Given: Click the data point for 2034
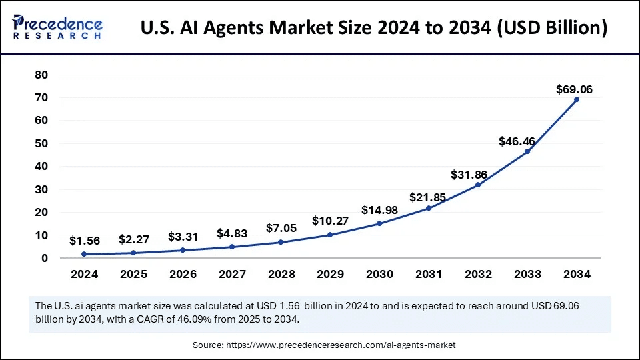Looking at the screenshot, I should click(x=577, y=99).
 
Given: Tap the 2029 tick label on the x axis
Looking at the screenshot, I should click(x=330, y=274).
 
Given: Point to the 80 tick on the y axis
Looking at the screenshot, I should click(x=41, y=75).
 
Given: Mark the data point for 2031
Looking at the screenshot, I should click(x=429, y=208).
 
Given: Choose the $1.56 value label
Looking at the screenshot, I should click(x=85, y=240).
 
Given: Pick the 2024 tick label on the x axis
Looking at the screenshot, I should click(x=85, y=274).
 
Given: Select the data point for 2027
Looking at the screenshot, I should click(x=232, y=247).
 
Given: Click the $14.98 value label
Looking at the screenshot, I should click(x=379, y=210).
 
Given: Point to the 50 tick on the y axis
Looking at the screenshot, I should click(x=41, y=143).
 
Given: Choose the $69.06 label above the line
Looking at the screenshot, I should click(x=575, y=89).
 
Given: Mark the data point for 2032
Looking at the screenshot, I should click(x=478, y=185).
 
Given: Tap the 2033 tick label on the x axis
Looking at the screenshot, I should click(x=527, y=274).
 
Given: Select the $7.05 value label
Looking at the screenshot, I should click(x=281, y=229).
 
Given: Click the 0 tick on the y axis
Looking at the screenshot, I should click(x=44, y=258).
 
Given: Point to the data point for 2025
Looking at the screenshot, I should click(x=134, y=253).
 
